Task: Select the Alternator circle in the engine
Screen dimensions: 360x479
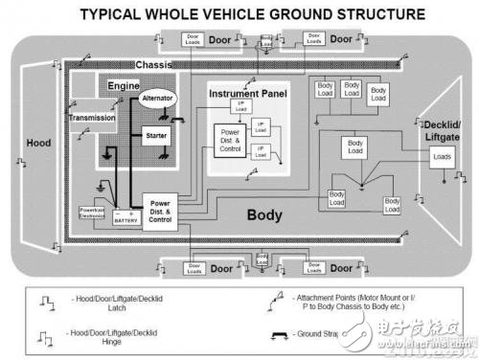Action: point(156,99)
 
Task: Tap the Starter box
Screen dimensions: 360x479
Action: point(155,135)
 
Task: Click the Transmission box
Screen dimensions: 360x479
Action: point(92,118)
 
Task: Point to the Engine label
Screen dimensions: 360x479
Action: point(124,86)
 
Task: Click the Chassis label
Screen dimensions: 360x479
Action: point(154,64)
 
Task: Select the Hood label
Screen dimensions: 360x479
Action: point(38,143)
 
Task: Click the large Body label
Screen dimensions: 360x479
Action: point(264,215)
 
